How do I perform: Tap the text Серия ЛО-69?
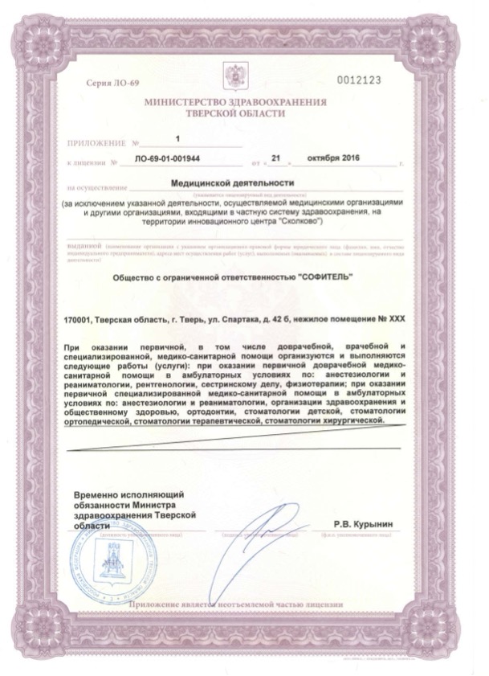(x=110, y=84)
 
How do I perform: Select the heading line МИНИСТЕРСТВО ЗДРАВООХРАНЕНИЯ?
(x=235, y=104)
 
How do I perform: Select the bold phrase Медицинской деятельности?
(x=233, y=183)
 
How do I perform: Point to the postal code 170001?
(x=78, y=319)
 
